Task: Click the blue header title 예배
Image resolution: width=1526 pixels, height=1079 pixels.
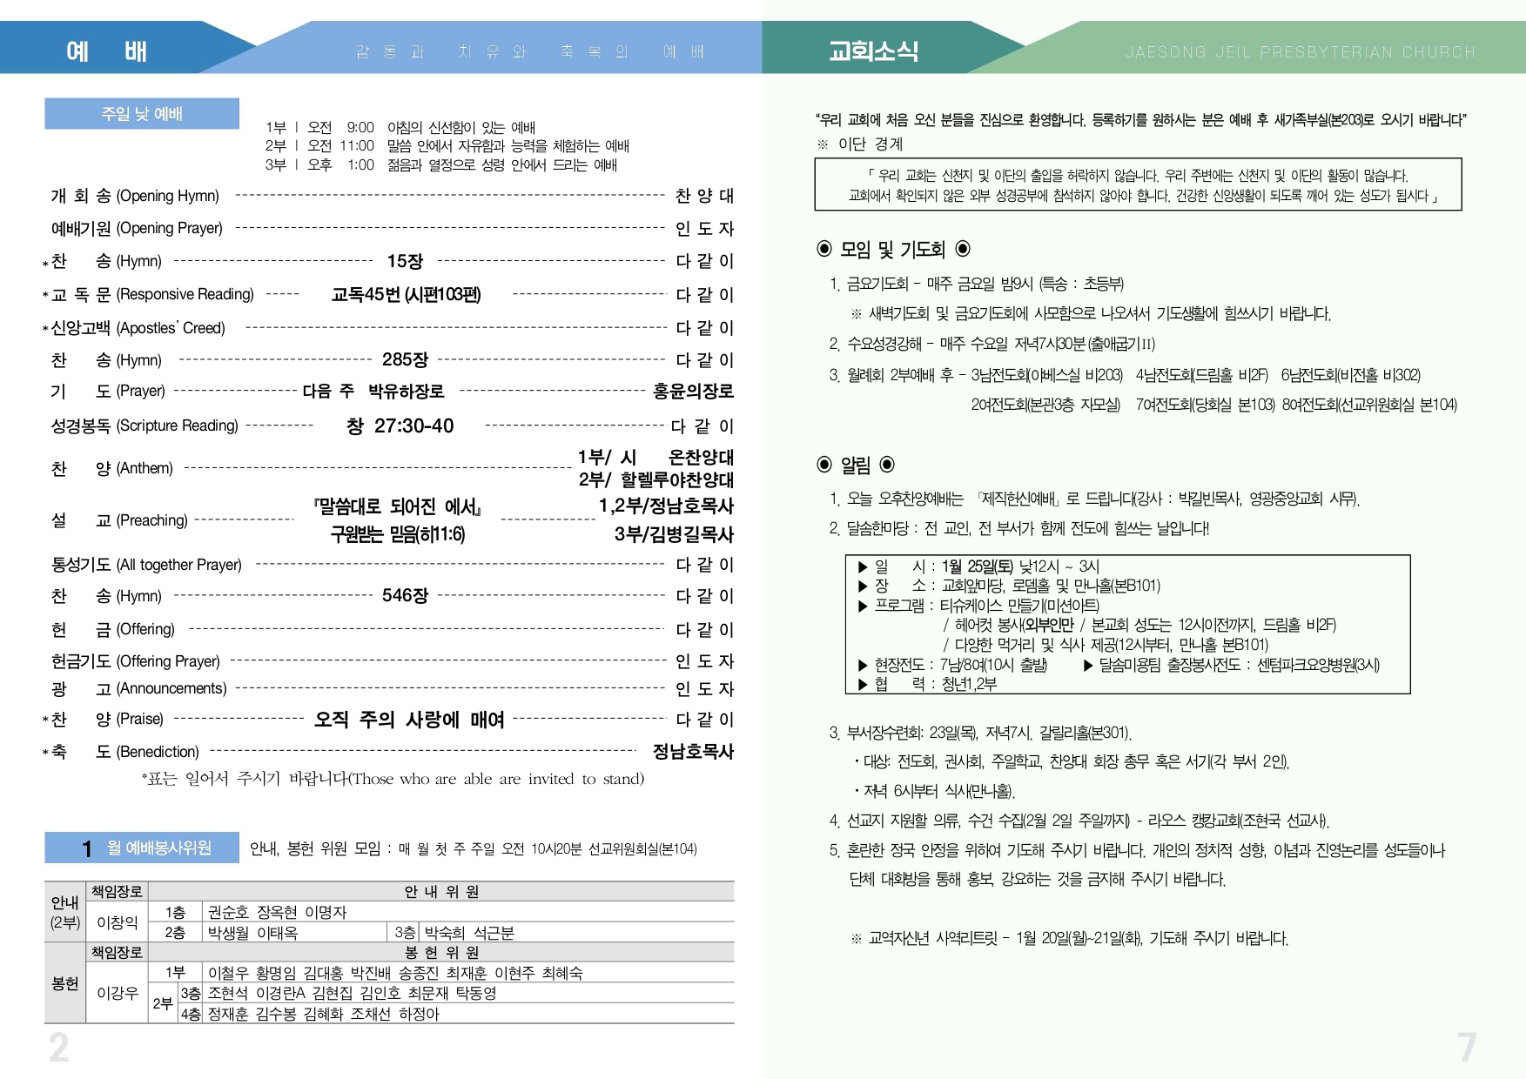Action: (x=106, y=51)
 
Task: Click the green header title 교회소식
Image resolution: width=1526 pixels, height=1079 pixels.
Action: (x=873, y=51)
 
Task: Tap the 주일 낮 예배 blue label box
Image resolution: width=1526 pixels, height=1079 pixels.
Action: (x=142, y=114)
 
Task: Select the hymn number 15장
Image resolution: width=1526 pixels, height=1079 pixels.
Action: (x=405, y=261)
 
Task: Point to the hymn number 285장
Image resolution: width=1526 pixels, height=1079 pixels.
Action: (x=405, y=359)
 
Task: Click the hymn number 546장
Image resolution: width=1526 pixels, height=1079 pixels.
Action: (x=405, y=596)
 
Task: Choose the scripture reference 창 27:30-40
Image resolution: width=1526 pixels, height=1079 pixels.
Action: (x=400, y=426)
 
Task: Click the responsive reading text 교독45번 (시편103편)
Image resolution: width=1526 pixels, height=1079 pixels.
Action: (x=406, y=294)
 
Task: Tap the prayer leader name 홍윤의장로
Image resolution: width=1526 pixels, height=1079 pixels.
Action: (x=693, y=392)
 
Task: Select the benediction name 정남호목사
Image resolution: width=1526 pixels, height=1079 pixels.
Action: (x=693, y=751)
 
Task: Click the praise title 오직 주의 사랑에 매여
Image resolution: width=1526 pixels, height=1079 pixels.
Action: (x=409, y=720)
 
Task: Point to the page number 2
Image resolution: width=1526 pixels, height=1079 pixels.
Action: (x=58, y=1048)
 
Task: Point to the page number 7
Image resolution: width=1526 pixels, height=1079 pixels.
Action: (x=1467, y=1048)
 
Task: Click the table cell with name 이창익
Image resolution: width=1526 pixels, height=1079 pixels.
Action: (x=118, y=922)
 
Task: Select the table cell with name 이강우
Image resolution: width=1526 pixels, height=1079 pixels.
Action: (x=118, y=993)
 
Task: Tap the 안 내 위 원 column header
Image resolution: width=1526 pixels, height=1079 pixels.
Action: (x=441, y=891)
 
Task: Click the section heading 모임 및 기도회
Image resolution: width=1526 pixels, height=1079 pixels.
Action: (x=892, y=250)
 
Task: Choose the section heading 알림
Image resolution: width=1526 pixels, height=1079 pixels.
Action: (x=855, y=465)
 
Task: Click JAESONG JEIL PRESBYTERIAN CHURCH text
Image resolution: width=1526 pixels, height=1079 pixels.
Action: (x=1300, y=52)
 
